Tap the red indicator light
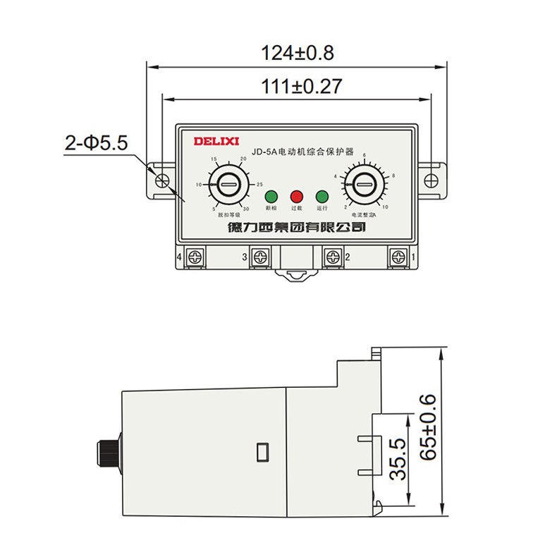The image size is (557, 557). (296, 196)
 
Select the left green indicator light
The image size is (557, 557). (271, 196)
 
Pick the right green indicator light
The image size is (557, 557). (322, 196)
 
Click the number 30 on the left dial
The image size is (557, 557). (245, 209)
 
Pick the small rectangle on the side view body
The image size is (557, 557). (262, 449)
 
